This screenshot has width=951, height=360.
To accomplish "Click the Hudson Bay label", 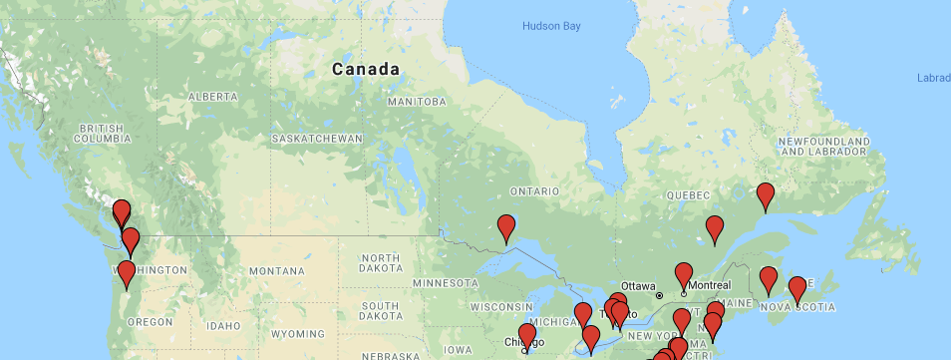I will pos(550,26).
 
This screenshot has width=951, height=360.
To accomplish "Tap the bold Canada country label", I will pos(366,70).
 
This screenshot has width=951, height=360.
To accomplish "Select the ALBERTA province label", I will pos(211,97).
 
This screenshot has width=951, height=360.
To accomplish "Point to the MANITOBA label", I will pos(417,102).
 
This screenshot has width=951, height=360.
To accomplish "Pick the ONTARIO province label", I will pos(532,191).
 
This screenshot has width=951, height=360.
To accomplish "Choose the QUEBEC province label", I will pos(689,194).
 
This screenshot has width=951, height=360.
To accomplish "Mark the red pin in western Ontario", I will pos(506,227).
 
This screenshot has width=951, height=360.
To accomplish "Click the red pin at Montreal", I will pos(684,274).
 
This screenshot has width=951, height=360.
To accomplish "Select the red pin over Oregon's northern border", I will pos(127,274).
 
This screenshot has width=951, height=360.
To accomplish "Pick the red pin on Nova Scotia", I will pos(796,289).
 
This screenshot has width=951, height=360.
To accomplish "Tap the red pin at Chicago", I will pos(526,336).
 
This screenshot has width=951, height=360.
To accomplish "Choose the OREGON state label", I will pos(150,322).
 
